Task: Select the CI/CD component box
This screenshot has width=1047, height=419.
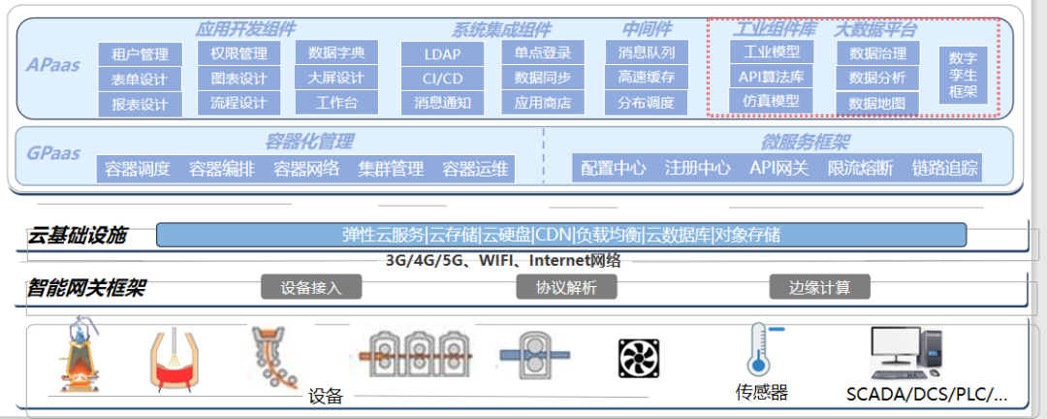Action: point(442,79)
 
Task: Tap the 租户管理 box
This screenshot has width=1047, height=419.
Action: point(140,54)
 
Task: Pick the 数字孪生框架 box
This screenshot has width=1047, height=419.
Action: point(963,75)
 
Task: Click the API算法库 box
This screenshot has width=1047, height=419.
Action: point(771,77)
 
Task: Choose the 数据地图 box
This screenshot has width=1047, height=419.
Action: point(877,104)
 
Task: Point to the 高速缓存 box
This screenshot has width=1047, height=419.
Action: point(647,78)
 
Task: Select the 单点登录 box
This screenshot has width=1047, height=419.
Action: point(543,52)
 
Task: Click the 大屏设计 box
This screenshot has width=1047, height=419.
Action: point(335,78)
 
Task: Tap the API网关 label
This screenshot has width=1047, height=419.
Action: point(778,168)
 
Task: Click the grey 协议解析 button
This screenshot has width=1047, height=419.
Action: point(566,287)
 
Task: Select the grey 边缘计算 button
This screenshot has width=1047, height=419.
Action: point(820,287)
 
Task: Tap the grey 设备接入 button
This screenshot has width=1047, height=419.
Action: point(311,287)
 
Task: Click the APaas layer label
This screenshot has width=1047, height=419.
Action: point(53,65)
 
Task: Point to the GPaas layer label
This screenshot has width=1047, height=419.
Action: point(53,153)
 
